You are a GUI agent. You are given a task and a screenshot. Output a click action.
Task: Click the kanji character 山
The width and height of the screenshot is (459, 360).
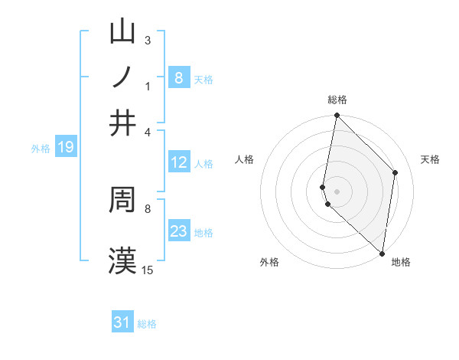(x=123, y=34)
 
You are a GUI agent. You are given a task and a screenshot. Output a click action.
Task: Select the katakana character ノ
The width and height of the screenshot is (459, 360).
(x=123, y=78)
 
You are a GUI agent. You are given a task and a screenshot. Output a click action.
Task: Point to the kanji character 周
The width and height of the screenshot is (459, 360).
(x=123, y=201)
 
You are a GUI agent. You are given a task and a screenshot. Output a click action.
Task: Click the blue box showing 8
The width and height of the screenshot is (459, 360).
(x=178, y=78)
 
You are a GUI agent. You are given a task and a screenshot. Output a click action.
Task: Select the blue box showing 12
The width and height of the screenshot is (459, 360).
(x=178, y=162)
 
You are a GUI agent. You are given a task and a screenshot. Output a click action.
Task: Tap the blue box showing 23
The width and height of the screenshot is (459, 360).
(x=178, y=231)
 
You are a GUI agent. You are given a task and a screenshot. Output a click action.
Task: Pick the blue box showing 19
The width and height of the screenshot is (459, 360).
(x=66, y=148)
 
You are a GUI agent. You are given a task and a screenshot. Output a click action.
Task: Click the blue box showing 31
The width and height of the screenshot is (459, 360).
(x=122, y=322)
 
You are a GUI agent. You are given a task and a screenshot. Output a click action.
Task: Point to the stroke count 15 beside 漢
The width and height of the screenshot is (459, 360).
(x=148, y=270)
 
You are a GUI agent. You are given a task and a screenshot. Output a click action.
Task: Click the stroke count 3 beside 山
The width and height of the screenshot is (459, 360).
(x=148, y=40)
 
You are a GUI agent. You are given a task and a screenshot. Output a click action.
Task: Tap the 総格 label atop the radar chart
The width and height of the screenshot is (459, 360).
(x=337, y=100)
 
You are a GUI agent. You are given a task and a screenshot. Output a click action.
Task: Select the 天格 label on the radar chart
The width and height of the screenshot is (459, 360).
(x=430, y=159)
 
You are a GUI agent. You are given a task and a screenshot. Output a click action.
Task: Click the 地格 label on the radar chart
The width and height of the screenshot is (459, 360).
(x=401, y=263)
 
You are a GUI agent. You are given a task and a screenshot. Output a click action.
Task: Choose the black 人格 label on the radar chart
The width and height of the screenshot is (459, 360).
(x=245, y=159)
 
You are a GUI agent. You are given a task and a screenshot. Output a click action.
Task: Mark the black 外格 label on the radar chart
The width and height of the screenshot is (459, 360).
(x=269, y=263)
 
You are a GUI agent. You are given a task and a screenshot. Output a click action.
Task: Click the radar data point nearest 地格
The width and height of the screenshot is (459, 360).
(x=382, y=254)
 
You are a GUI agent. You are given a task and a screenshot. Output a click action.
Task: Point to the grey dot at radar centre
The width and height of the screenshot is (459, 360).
(x=337, y=191)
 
